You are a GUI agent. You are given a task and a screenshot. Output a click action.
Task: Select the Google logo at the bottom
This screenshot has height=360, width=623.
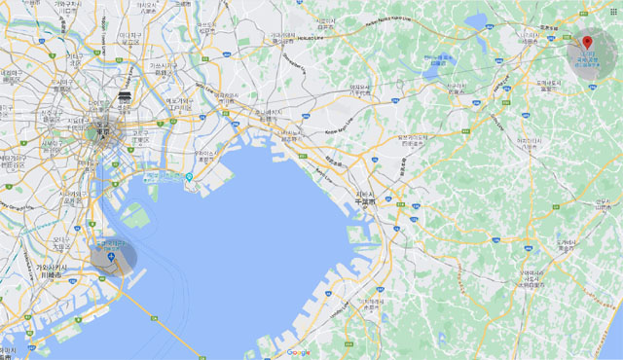tap(298, 352)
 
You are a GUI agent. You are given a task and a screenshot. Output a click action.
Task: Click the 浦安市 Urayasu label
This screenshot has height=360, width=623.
tap(205, 156)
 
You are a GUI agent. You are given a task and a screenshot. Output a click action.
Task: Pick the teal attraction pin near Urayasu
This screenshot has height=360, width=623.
tap(188, 177)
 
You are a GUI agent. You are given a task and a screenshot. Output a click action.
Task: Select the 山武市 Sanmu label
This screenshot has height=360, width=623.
tap(604, 205)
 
